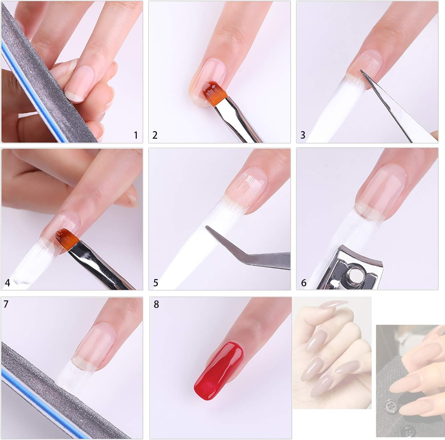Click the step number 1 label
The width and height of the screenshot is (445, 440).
click(136, 135)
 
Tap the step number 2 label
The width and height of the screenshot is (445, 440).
click(155, 135)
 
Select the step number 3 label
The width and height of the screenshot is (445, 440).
click(303, 135)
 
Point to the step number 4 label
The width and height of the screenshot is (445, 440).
click(8, 283)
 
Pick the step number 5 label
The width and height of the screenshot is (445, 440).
click(156, 283)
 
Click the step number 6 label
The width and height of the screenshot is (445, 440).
click(304, 283)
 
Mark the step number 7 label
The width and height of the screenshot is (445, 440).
click(6, 304)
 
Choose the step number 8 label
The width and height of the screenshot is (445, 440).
click(156, 304)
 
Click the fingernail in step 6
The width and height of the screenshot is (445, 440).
click(380, 192)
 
